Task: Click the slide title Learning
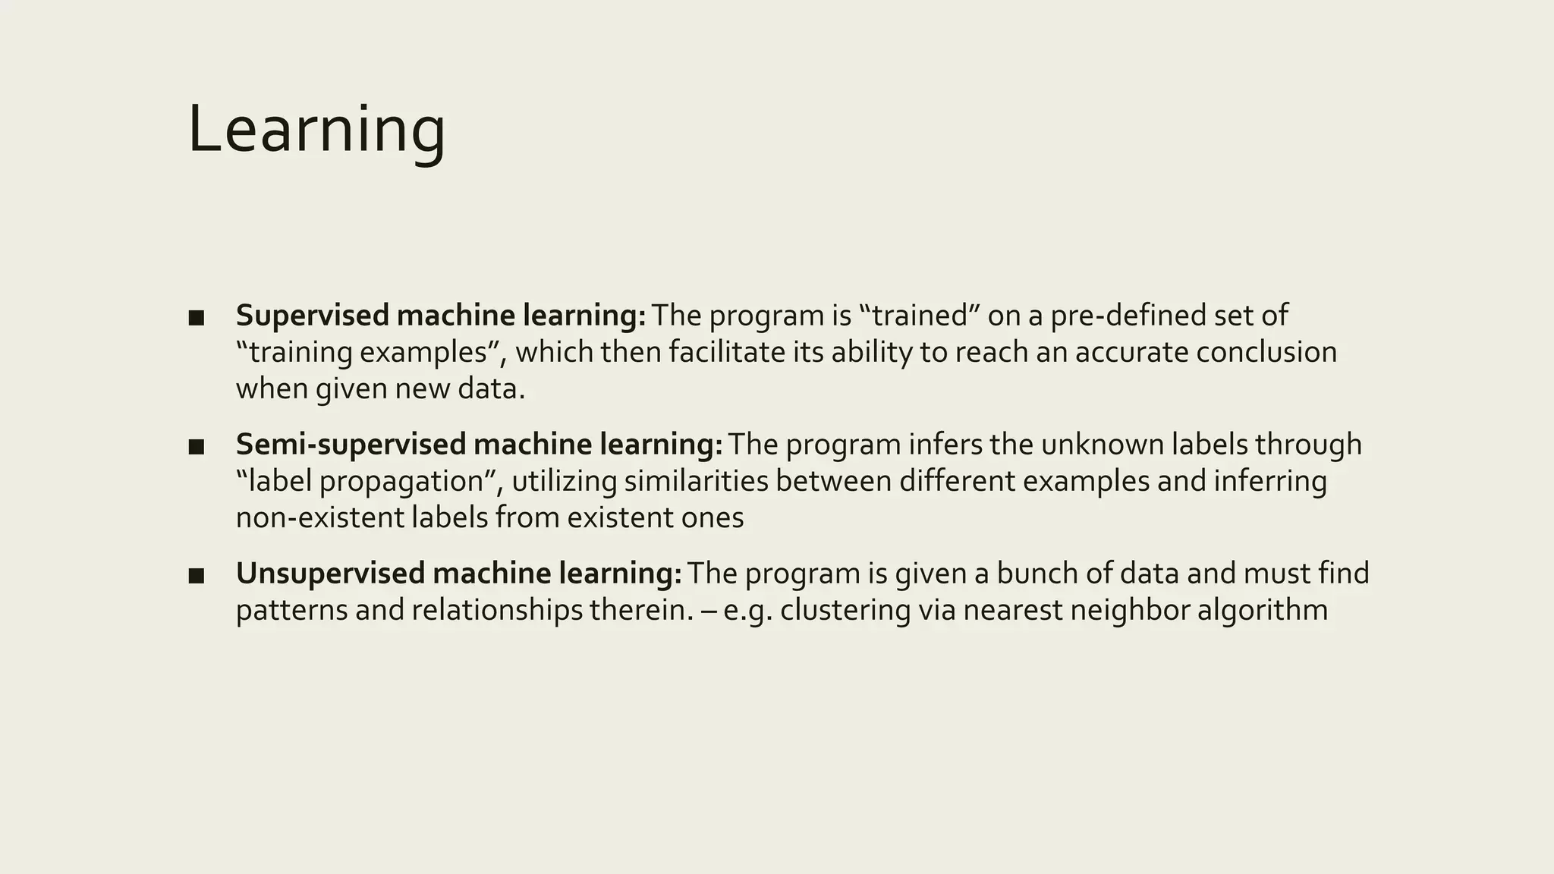pyautogui.click(x=316, y=130)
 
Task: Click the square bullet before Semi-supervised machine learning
pyautogui.click(x=197, y=446)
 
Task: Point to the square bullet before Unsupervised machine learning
pyautogui.click(x=197, y=575)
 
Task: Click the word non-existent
pyautogui.click(x=319, y=517)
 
